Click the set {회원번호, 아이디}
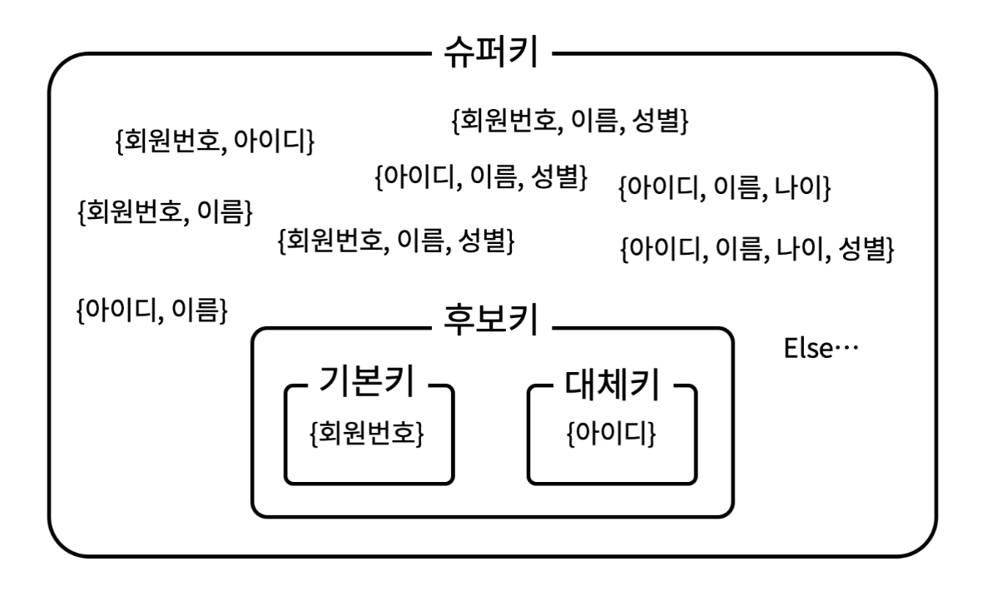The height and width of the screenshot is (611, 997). (x=214, y=142)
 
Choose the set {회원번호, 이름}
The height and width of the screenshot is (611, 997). (x=164, y=211)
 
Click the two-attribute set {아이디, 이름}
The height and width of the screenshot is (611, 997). (x=152, y=310)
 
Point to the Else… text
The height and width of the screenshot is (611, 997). (x=821, y=347)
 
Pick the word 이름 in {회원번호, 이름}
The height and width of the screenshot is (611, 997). (x=220, y=211)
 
